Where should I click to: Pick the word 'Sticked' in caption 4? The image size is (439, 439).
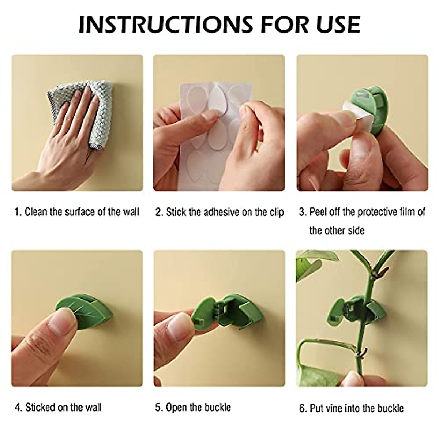coord(40,407)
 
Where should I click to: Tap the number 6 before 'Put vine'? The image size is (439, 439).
coord(302,408)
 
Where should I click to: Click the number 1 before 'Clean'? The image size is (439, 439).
coord(17,212)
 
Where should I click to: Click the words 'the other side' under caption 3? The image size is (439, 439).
coord(337,230)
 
